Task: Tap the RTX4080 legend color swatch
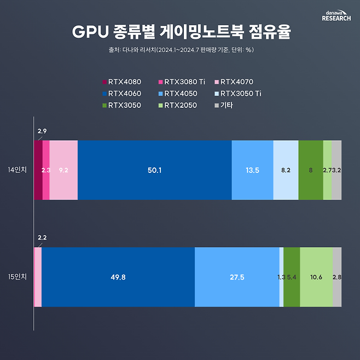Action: (105, 82)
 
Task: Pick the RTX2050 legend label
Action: (181, 105)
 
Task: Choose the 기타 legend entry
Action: (223, 105)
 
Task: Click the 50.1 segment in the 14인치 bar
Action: (155, 170)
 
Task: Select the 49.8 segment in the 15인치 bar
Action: (118, 277)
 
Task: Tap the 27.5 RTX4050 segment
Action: (237, 277)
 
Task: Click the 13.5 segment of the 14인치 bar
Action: (252, 170)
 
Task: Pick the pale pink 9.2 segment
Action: (63, 170)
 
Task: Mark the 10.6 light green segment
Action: (316, 277)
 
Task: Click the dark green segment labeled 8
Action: (311, 170)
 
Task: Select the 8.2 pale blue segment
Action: (286, 170)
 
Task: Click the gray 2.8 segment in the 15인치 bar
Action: (337, 277)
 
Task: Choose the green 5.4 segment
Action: (292, 277)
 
